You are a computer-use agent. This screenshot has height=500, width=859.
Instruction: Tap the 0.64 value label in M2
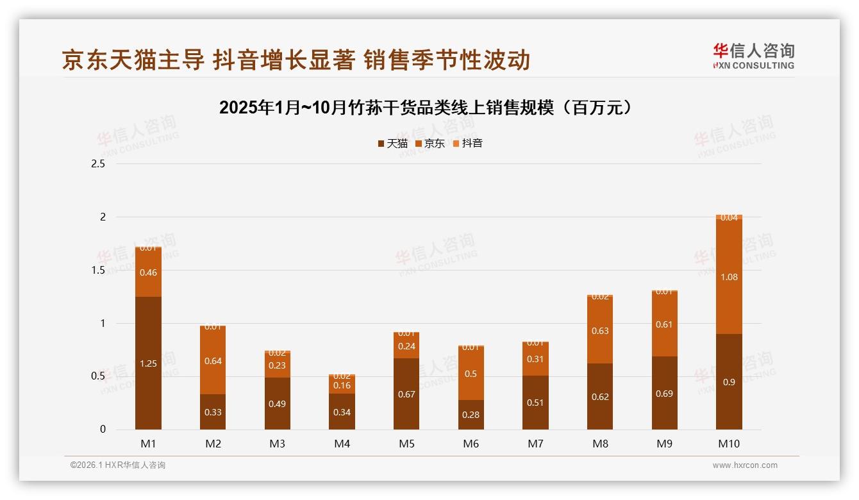[213, 361]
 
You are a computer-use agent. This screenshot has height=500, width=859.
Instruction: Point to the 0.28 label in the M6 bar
[471, 415]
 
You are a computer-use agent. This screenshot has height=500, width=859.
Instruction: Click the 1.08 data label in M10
[729, 277]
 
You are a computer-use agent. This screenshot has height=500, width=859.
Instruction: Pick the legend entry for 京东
[430, 144]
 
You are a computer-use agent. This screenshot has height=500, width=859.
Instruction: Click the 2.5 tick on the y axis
[98, 164]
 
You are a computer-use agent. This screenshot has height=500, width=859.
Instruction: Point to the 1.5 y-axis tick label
[98, 271]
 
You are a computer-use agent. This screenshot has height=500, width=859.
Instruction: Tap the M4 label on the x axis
[342, 444]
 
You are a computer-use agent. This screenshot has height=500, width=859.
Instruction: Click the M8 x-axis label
[600, 444]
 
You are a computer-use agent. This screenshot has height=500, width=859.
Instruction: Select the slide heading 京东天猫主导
[296, 60]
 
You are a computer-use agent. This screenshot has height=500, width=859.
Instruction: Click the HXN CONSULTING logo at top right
[753, 56]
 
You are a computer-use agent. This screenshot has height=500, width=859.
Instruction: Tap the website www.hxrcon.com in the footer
[745, 465]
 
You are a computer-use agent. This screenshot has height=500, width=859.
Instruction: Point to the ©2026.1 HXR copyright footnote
[118, 465]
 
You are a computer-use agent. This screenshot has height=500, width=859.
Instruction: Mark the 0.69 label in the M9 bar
[664, 394]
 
